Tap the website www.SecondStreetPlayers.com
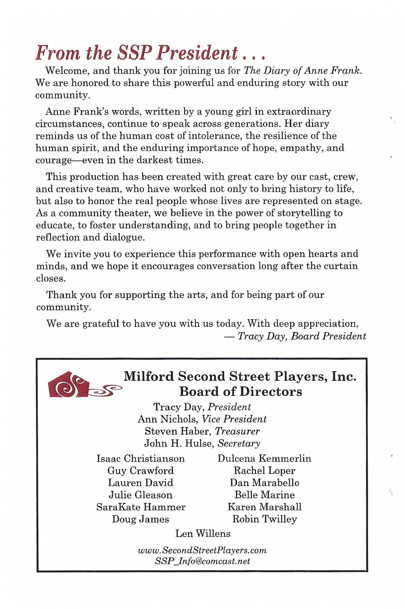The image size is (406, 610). [202, 551]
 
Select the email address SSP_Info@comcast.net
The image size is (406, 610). [202, 561]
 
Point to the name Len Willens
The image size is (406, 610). [203, 533]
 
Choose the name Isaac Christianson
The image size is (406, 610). [141, 458]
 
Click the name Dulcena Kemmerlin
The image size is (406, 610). [264, 458]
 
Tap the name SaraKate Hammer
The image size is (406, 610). [141, 507]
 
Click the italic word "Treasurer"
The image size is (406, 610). [238, 431]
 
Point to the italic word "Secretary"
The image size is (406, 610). [239, 443]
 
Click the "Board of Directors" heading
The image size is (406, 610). [240, 392]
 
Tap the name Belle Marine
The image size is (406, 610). [264, 495]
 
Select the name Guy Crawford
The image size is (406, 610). [141, 471]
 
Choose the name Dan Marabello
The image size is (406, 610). [264, 483]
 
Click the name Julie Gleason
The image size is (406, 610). [141, 495]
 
